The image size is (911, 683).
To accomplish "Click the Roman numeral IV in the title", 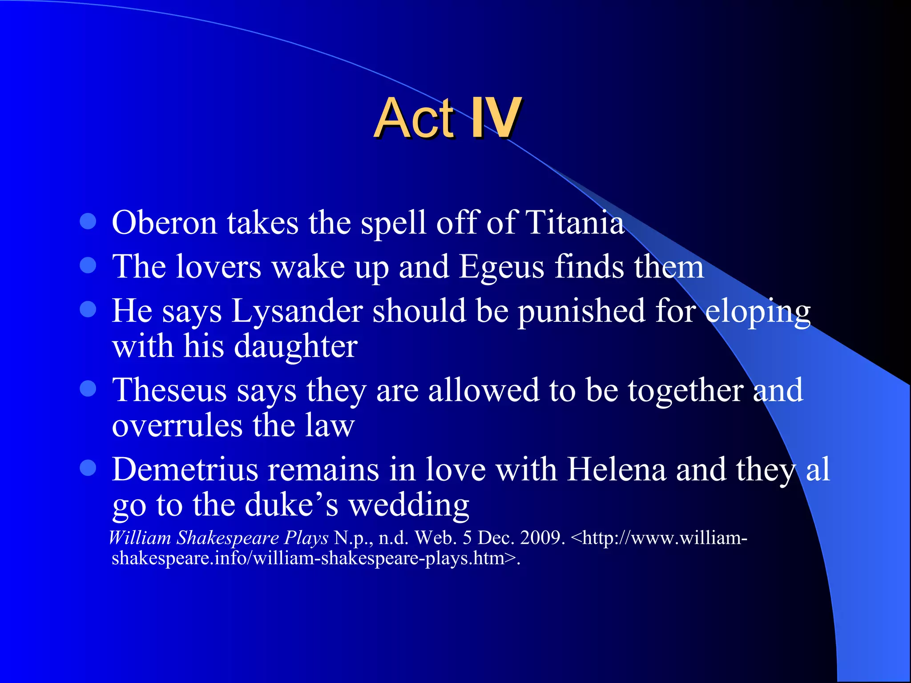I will tap(496, 118).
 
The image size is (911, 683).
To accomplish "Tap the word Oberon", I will tap(164, 222).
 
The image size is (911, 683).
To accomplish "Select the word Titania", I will tap(575, 222).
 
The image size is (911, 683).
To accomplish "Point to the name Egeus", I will tap(501, 267).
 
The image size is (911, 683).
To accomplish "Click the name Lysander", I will tap(297, 311).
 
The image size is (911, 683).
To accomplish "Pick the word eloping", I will tap(758, 312).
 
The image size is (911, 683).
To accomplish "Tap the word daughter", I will tap(295, 346).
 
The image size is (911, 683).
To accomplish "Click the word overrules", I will tap(177, 426).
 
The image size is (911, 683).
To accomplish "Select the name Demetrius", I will tap(185, 470).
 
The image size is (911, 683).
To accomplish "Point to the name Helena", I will tap(617, 470).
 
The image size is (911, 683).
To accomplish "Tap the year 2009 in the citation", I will tap(542, 538).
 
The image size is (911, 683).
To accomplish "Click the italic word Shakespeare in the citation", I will tap(228, 538).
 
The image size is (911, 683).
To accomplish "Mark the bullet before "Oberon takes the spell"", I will tap(88, 221).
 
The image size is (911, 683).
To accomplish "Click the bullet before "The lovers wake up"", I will tap(88, 265).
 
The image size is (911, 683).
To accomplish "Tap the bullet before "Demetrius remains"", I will tap(88, 468).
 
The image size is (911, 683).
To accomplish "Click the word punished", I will tap(581, 311).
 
